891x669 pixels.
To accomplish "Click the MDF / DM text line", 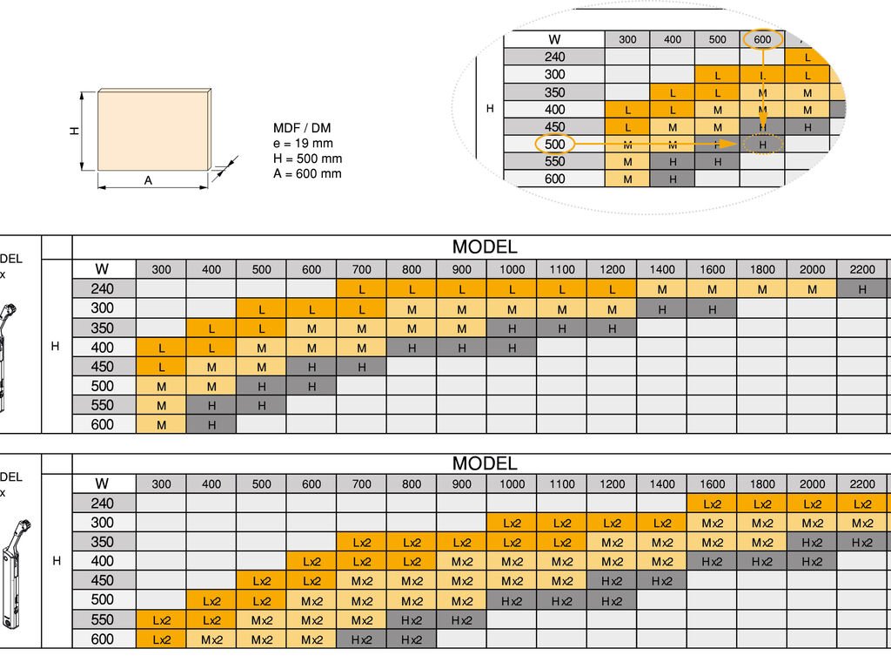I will click(x=302, y=128).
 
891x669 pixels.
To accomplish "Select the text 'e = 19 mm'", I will click(x=303, y=143).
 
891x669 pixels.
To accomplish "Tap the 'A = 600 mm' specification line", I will click(x=307, y=173).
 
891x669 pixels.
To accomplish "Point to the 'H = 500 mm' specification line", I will click(x=307, y=159).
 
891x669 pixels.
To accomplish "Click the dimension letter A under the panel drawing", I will click(x=148, y=180).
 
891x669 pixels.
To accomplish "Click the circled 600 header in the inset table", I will click(x=762, y=39).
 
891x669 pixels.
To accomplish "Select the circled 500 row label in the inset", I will click(x=554, y=144).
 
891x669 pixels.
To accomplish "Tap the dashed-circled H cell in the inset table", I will click(x=762, y=145).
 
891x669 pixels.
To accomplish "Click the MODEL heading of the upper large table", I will click(x=484, y=247).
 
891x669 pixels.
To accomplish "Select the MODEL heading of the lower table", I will click(x=484, y=463).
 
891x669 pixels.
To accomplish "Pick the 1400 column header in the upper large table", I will click(x=662, y=269).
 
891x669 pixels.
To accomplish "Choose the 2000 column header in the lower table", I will click(x=812, y=484).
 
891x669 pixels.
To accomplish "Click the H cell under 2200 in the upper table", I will click(x=862, y=289).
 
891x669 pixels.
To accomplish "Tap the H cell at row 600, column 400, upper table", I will click(x=211, y=424).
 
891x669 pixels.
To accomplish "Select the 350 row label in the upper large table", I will click(x=103, y=328).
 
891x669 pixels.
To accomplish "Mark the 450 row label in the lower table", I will click(x=103, y=580).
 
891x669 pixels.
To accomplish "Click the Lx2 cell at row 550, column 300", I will click(x=161, y=620).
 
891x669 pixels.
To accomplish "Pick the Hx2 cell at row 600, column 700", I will click(x=362, y=639).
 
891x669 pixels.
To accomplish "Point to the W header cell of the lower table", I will click(x=103, y=483).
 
